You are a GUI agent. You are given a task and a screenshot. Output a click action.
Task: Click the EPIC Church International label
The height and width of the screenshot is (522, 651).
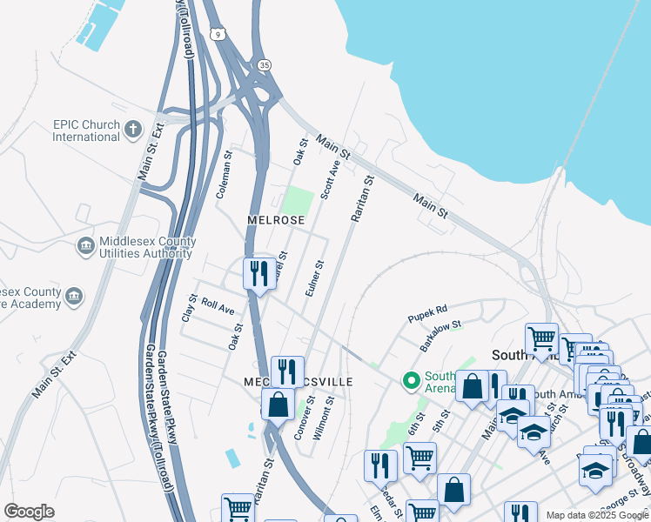[x=85, y=130]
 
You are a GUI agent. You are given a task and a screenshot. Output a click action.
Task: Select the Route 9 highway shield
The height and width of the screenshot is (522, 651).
[x=217, y=33]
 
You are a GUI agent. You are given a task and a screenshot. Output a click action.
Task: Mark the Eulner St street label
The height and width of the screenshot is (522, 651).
[x=315, y=278]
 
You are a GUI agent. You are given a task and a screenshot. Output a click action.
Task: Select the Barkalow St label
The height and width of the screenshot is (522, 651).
[x=440, y=334]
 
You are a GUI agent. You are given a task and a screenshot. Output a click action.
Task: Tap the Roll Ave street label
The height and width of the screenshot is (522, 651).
[x=218, y=306]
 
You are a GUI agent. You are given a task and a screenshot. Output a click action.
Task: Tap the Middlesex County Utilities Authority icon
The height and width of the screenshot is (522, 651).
[x=85, y=247]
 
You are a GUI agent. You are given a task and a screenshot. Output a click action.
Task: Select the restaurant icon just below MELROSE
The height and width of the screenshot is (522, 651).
[x=258, y=274]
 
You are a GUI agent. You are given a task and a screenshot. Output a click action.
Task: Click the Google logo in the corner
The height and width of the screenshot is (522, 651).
[x=29, y=511]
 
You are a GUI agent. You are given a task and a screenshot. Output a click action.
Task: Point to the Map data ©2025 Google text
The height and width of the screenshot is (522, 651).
[x=596, y=515]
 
